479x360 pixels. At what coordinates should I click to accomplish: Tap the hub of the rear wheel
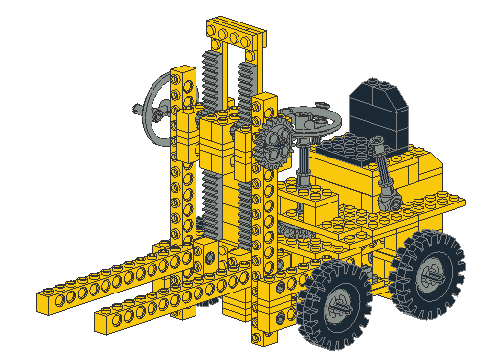point(430,275)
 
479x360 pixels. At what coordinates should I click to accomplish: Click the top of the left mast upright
point(182,74)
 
